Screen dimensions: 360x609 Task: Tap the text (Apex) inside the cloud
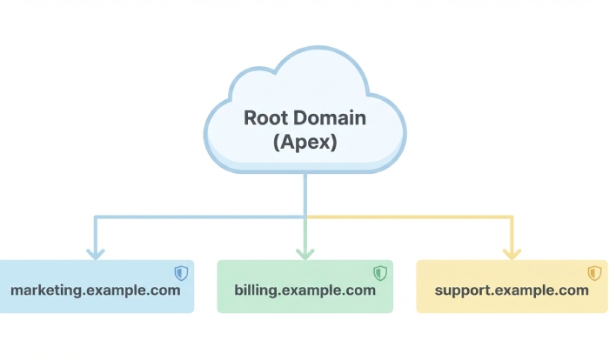pyautogui.click(x=304, y=143)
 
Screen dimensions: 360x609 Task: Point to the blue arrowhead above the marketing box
pyautogui.click(x=96, y=253)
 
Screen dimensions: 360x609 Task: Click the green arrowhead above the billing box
pyautogui.click(x=304, y=253)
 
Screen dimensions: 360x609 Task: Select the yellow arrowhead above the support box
pyautogui.click(x=512, y=253)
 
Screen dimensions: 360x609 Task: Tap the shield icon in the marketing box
pyautogui.click(x=180, y=273)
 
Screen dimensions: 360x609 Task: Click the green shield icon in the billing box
pyautogui.click(x=380, y=273)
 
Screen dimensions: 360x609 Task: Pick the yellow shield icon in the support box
pyautogui.click(x=594, y=273)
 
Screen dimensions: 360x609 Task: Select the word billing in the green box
pyautogui.click(x=254, y=290)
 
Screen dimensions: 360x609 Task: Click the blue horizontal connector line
pyautogui.click(x=200, y=217)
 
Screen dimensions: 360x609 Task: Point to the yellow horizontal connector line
pyautogui.click(x=409, y=217)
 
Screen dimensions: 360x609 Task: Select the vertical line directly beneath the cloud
pyautogui.click(x=304, y=193)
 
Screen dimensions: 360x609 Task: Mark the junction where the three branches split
pyautogui.click(x=304, y=217)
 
